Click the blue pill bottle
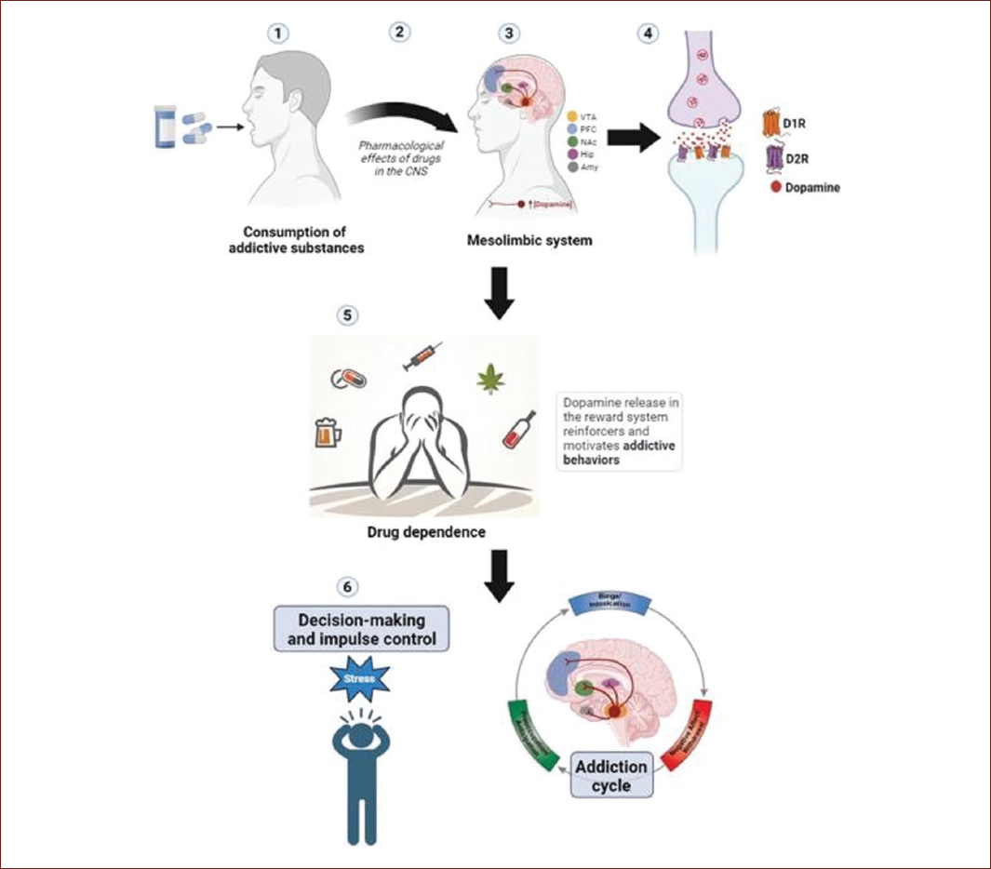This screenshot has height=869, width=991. pyautogui.click(x=168, y=127)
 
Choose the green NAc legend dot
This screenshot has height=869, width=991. pyautogui.click(x=572, y=140)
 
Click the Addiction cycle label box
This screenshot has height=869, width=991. pyautogui.click(x=611, y=776)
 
